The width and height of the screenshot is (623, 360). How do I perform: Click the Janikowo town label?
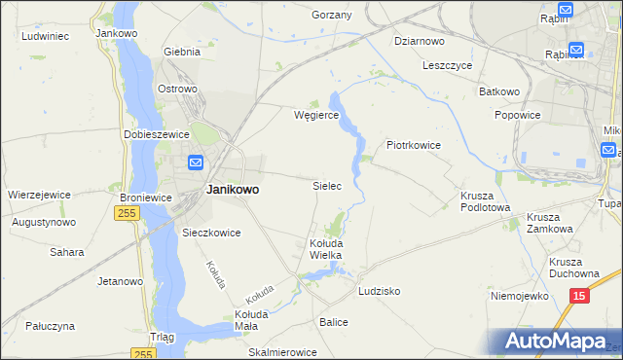[232, 191]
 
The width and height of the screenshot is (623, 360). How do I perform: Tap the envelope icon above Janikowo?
[196, 162]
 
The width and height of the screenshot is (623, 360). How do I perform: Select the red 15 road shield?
[579, 296]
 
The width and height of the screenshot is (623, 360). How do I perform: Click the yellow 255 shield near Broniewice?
[127, 212]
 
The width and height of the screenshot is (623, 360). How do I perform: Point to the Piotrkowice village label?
[415, 145]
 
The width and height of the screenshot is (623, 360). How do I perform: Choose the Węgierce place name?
[316, 114]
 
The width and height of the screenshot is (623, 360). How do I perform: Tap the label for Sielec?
[326, 185]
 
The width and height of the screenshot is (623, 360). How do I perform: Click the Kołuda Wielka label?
[325, 248]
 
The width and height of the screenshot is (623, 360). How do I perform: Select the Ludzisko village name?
[380, 291]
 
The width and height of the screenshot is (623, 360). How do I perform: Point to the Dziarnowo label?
[420, 41]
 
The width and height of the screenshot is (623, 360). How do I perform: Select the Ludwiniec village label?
[44, 35]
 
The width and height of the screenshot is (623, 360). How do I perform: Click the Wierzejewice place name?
[39, 194]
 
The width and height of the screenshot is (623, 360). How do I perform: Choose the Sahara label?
[67, 252]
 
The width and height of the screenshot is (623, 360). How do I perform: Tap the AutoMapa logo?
[556, 342]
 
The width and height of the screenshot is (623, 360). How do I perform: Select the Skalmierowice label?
[283, 351]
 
